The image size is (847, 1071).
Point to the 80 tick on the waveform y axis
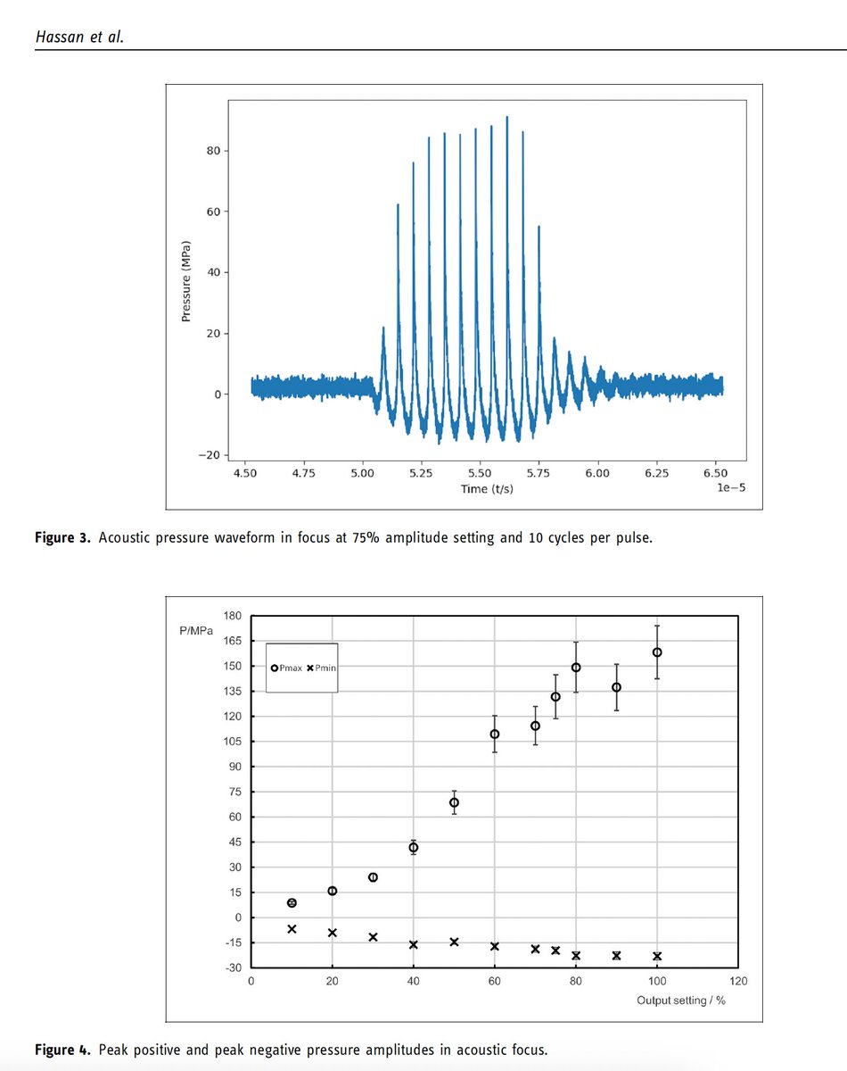click(x=214, y=151)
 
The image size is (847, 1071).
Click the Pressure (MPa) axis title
click(x=186, y=280)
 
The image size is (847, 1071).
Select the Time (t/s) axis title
click(x=486, y=489)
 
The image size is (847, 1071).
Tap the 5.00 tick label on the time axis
click(x=362, y=474)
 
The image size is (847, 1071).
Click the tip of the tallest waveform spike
click(x=507, y=117)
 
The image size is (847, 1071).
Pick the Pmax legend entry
click(x=288, y=668)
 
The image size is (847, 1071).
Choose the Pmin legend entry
click(x=322, y=668)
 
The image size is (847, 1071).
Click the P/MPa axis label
click(x=195, y=631)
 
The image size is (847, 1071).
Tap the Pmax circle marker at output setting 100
click(x=657, y=652)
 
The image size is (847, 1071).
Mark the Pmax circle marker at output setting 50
click(x=454, y=802)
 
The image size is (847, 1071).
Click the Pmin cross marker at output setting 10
click(x=292, y=929)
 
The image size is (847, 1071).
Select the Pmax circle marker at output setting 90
click(x=616, y=687)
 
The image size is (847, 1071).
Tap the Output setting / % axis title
click(x=681, y=1000)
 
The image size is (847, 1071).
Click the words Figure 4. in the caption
click(x=62, y=1050)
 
